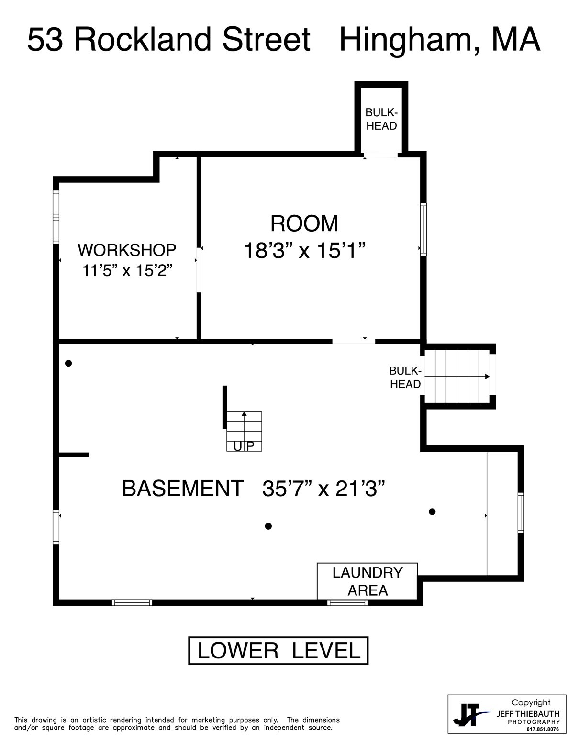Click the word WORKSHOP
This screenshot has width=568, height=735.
tap(127, 250)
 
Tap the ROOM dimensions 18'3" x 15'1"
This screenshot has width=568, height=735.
tap(305, 251)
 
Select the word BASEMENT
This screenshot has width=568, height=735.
tap(183, 489)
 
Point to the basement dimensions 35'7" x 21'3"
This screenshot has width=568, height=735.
tap(323, 489)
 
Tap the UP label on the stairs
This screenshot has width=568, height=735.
tap(244, 446)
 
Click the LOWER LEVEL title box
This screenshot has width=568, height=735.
tap(278, 651)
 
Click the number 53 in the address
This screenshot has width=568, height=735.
tap(45, 40)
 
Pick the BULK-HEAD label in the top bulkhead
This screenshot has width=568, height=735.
tap(381, 119)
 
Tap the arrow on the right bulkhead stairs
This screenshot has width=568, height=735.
tap(457, 376)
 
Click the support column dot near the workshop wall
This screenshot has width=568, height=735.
tap(68, 363)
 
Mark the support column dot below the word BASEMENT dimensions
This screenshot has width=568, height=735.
tap(268, 526)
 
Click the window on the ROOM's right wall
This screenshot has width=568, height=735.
tap(423, 229)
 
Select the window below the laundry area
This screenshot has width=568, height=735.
tap(347, 602)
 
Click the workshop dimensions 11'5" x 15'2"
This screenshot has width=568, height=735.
tap(127, 270)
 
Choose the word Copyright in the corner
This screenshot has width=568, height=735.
tap(531, 702)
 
